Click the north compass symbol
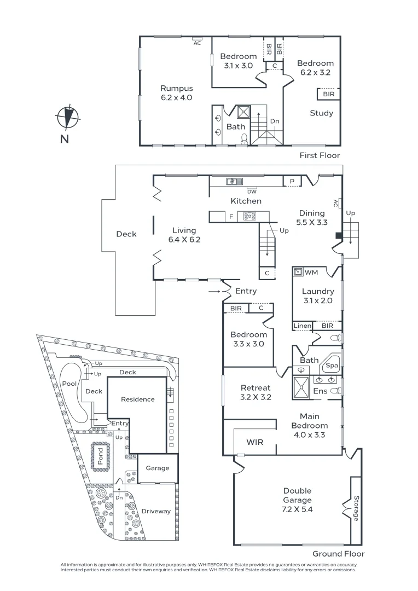(68, 116)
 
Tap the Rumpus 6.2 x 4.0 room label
(176, 92)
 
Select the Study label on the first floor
(321, 113)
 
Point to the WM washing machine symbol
(299, 272)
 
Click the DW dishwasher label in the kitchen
(252, 191)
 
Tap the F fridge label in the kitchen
(231, 217)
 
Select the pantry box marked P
(292, 181)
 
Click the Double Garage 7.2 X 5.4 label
(297, 500)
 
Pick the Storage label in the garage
(356, 508)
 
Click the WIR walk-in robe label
(255, 442)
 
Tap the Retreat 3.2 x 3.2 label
(256, 393)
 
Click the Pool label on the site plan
(69, 384)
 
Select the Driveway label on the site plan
(156, 511)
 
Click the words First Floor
(320, 155)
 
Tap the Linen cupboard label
(302, 326)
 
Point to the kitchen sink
(232, 181)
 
